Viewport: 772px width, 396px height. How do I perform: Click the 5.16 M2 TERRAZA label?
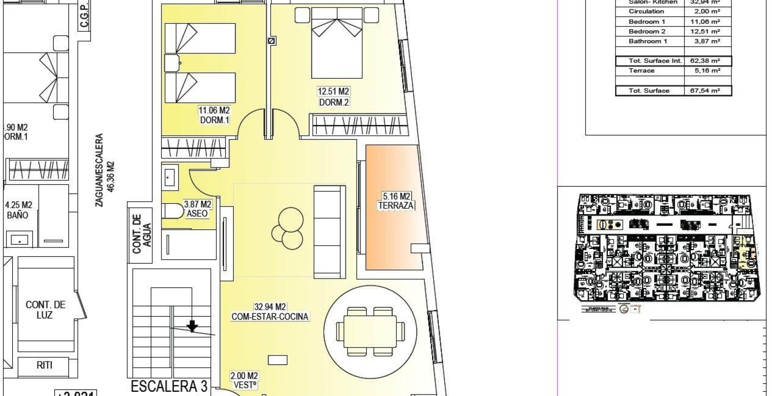(395, 200)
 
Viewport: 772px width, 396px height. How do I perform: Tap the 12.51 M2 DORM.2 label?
(334, 97)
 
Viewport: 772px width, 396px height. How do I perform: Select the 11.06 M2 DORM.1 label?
(214, 115)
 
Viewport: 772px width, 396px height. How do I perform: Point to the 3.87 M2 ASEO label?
(197, 209)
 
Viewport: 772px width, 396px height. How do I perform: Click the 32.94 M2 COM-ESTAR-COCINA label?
(270, 312)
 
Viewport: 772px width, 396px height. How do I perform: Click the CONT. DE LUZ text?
(45, 310)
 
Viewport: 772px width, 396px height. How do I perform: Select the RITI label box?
(44, 365)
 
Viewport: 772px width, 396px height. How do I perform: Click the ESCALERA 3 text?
(169, 387)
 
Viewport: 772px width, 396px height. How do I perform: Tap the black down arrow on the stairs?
(192, 326)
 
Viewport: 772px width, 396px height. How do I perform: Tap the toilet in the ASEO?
(173, 210)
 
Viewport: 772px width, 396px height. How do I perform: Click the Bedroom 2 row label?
(647, 32)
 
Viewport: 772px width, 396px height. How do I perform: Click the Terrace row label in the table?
(641, 71)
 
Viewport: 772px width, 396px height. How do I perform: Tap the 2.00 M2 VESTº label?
(244, 380)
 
